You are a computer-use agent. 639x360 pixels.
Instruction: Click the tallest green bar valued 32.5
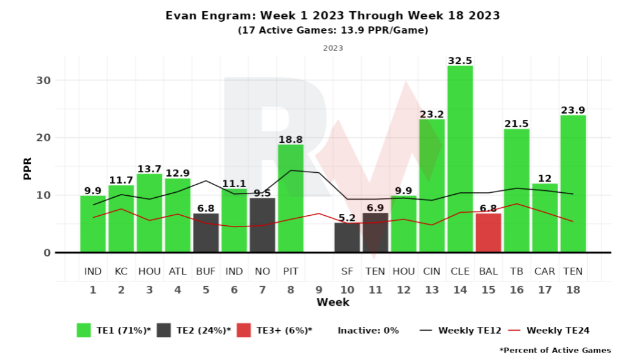click(460, 159)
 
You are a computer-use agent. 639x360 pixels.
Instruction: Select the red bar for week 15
click(488, 233)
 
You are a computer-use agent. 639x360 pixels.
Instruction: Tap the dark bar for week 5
click(206, 233)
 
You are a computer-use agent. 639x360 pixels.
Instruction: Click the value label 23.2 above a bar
click(432, 114)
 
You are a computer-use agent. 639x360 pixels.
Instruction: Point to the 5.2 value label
click(347, 218)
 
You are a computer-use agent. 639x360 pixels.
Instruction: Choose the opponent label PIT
click(290, 272)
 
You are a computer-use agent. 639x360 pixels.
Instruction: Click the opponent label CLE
click(460, 272)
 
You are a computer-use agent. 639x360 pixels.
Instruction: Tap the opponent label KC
click(121, 272)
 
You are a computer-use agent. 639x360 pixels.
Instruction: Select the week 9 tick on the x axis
click(319, 290)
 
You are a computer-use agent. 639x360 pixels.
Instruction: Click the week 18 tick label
click(573, 290)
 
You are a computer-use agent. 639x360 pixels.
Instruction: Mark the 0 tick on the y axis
click(45, 253)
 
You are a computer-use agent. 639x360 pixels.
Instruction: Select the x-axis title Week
click(333, 303)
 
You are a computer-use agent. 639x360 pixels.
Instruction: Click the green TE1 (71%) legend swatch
click(84, 331)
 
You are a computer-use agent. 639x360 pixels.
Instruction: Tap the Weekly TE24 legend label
click(559, 331)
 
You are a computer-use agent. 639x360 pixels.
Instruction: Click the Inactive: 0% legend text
click(368, 331)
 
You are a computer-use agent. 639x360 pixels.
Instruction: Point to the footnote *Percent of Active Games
click(555, 350)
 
